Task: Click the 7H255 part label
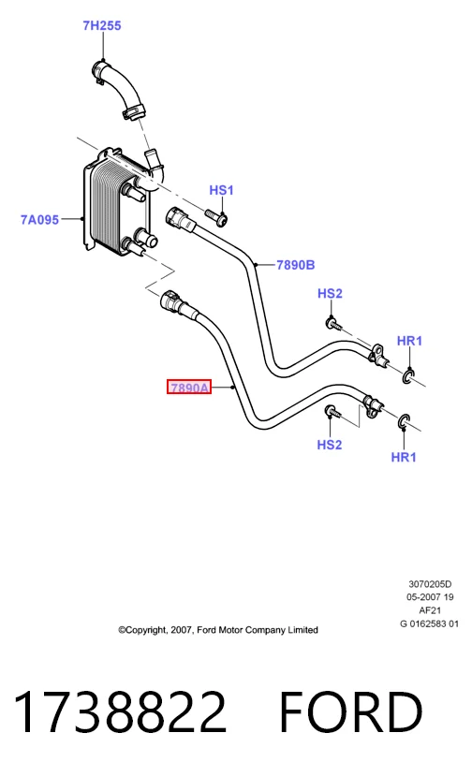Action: coord(102,25)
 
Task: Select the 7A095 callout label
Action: coord(39,219)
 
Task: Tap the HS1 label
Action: coord(221,190)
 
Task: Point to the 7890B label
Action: coord(296,265)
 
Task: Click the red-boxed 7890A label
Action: coord(189,387)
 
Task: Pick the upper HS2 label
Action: coord(330,293)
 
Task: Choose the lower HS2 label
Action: coord(330,445)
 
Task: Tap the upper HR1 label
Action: coord(409,341)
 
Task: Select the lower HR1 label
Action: coord(404,457)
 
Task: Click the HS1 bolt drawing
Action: coord(216,216)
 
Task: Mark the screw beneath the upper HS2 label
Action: coord(334,325)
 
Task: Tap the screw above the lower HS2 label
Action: coord(333,411)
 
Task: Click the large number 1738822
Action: coord(121,711)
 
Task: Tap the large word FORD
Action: coord(351,711)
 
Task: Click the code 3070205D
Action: coord(430,585)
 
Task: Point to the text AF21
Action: coord(430,610)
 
